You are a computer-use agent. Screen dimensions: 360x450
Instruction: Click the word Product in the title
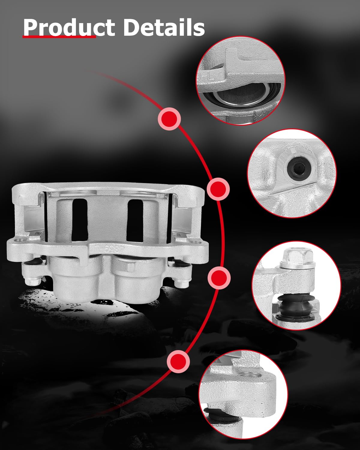click(69, 27)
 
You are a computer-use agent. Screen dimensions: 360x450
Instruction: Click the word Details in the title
click(164, 27)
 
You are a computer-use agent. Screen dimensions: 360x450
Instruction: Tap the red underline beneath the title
click(59, 37)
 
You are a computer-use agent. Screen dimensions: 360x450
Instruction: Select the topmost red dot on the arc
click(169, 119)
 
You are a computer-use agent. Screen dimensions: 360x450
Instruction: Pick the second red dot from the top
click(218, 189)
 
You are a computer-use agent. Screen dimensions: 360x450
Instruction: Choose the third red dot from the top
click(219, 278)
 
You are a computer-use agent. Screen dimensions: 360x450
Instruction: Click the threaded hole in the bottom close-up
click(250, 375)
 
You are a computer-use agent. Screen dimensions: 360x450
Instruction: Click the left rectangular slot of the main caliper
click(79, 220)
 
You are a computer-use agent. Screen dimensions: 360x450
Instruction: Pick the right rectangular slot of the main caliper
click(135, 220)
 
